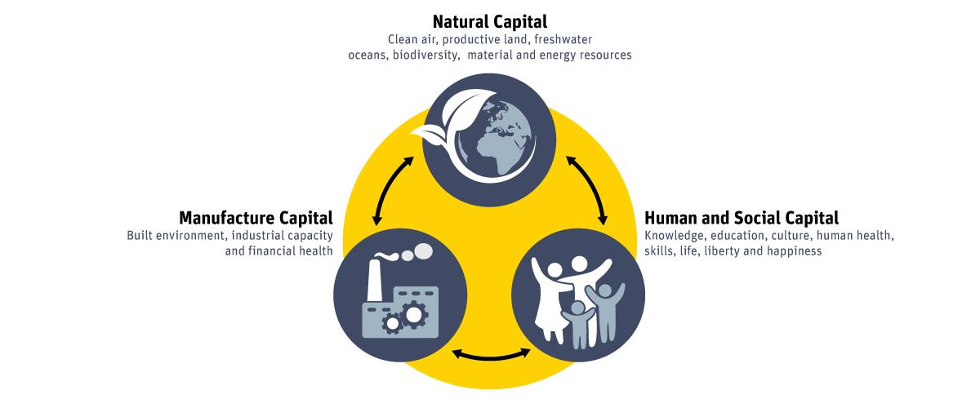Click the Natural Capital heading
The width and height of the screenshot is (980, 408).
tap(489, 21)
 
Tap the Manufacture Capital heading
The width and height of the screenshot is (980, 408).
tap(256, 218)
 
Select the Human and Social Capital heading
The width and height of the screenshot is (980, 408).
tap(742, 218)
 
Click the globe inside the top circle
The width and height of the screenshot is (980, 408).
tap(497, 144)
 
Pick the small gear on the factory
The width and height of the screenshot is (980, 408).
tap(393, 323)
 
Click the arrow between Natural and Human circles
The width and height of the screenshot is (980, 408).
tap(588, 189)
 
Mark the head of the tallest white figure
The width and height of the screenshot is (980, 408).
tap(579, 264)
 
